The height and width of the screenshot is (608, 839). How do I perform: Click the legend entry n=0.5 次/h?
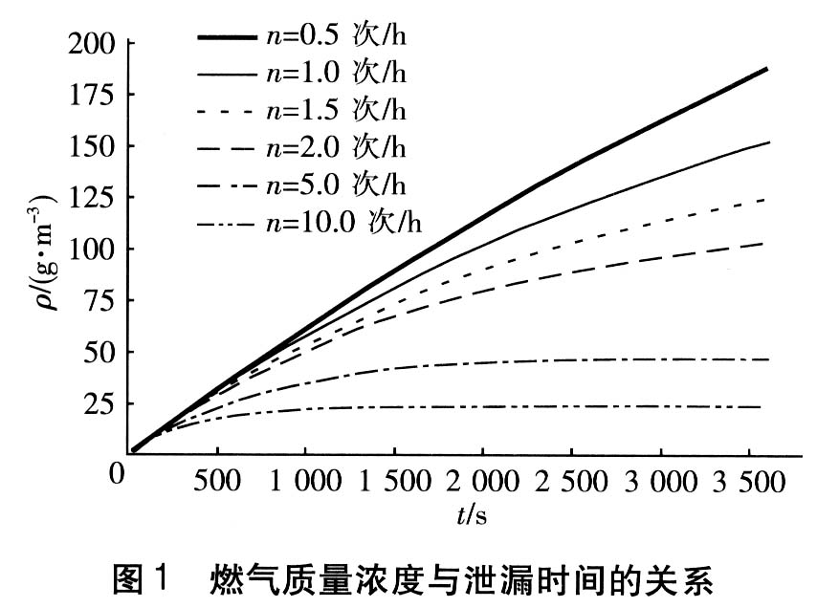coord(340,39)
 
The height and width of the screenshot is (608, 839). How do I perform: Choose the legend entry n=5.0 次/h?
coord(340,184)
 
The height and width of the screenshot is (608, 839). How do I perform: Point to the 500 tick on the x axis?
coord(217,481)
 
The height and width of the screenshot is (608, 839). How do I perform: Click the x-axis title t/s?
coord(472,516)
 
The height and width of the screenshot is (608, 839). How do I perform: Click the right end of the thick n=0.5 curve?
coord(767,69)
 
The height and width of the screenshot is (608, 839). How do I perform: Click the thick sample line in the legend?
coord(228,38)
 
